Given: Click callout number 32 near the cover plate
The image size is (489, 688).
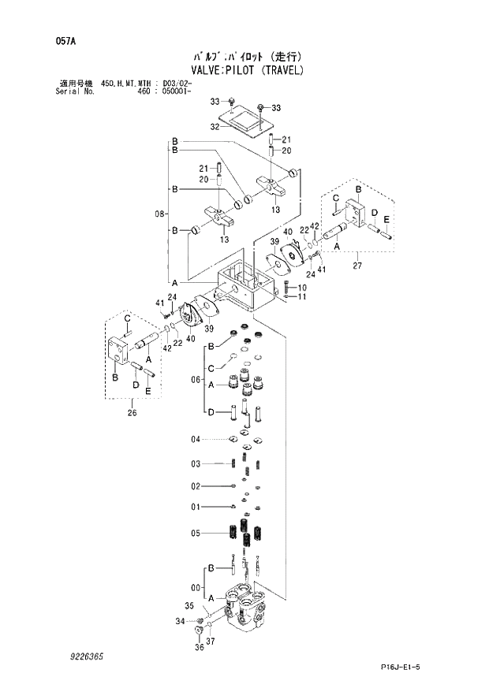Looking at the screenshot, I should [x=214, y=126].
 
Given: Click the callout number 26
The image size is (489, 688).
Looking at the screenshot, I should [x=132, y=411].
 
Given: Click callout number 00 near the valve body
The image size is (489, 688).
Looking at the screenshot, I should [x=195, y=586].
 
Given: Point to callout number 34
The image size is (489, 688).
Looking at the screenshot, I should [x=180, y=622].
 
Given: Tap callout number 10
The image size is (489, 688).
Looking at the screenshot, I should [x=302, y=288].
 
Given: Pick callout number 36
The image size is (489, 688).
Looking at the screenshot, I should [x=199, y=647].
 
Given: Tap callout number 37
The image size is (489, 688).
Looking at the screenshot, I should [x=211, y=642].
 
